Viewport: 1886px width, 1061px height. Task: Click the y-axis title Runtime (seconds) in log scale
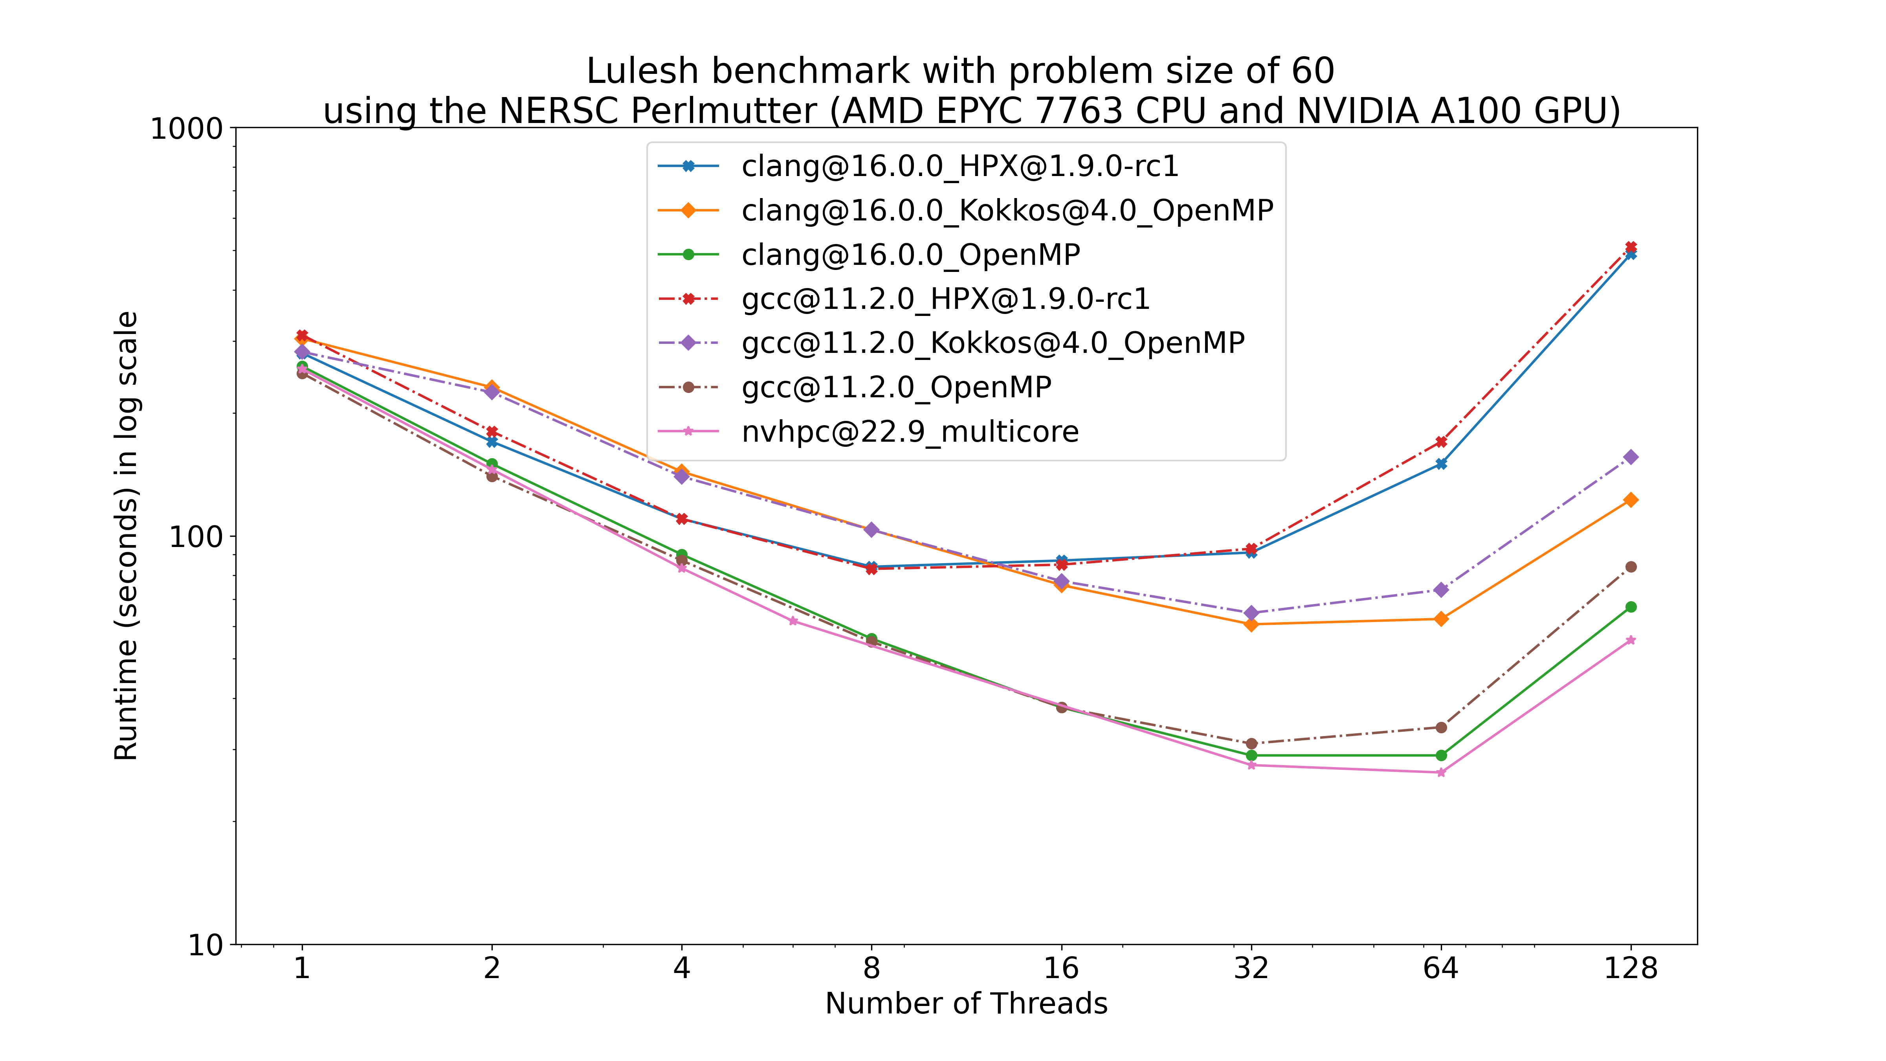pyautogui.click(x=126, y=536)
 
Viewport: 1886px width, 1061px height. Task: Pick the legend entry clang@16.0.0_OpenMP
pyautogui.click(x=910, y=255)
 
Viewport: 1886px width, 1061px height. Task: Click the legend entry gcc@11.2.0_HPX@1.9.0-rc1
pyautogui.click(x=945, y=299)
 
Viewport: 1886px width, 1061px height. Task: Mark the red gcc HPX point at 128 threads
pyautogui.click(x=1631, y=247)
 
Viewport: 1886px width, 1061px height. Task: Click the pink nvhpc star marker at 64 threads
pyautogui.click(x=1441, y=773)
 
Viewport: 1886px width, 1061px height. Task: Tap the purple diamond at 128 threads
pyautogui.click(x=1631, y=457)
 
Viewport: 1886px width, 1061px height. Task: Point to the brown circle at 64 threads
pyautogui.click(x=1441, y=727)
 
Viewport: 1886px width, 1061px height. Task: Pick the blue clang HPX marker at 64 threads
pyautogui.click(x=1441, y=464)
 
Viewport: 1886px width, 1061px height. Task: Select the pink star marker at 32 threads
pyautogui.click(x=1251, y=765)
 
